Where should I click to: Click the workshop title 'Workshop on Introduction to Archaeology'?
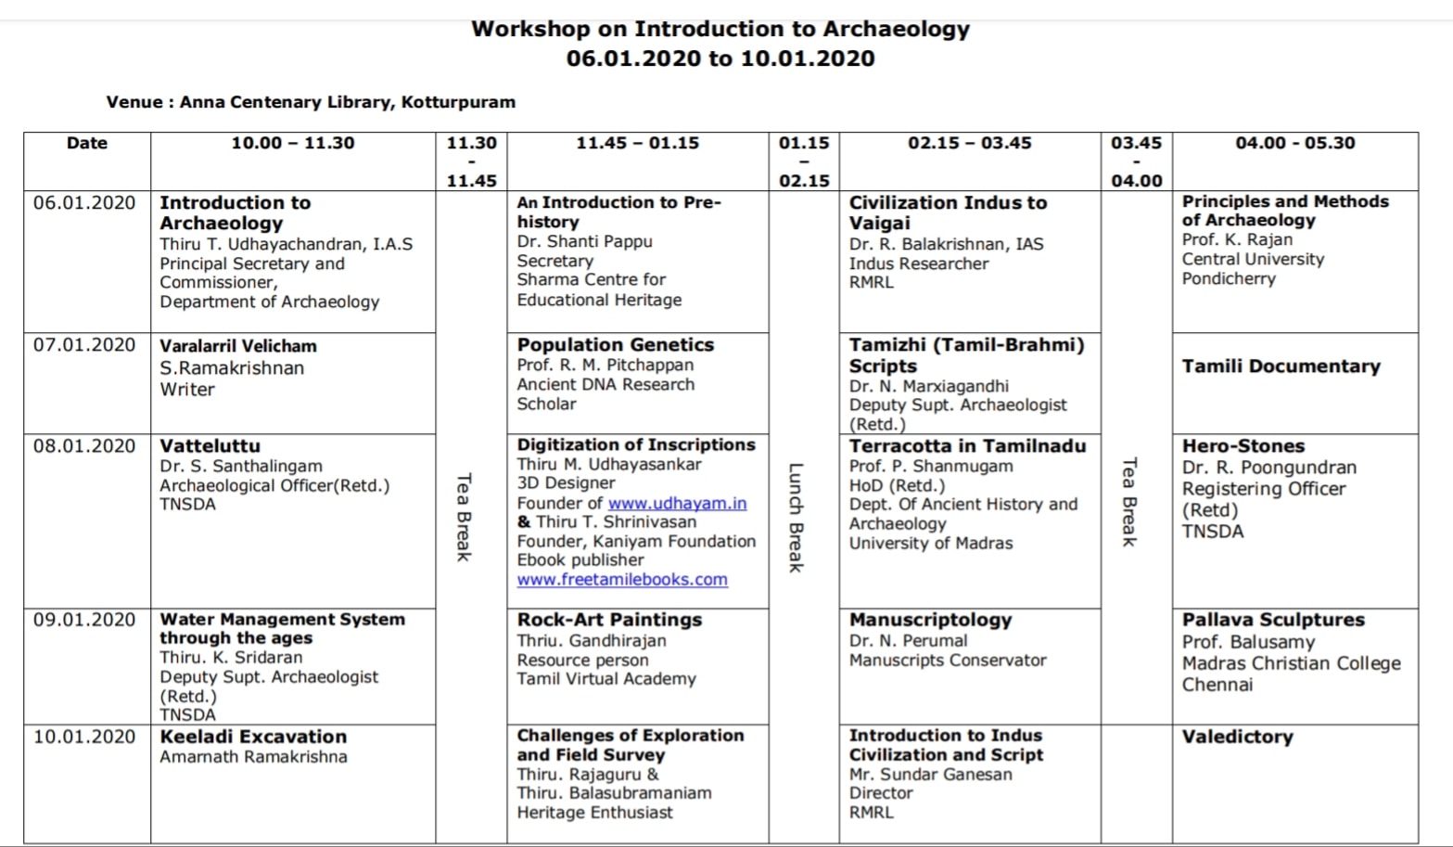[720, 29]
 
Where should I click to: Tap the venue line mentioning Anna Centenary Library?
[311, 102]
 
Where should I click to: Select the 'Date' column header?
[87, 143]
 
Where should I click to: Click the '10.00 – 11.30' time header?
[293, 143]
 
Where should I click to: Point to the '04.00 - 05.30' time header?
[1294, 143]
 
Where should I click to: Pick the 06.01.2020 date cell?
[84, 203]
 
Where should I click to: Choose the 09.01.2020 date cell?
[84, 620]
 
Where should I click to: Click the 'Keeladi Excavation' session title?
[253, 737]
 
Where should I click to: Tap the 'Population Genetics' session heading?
[615, 345]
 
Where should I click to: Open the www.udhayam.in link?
[677, 503]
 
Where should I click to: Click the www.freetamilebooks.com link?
[622, 580]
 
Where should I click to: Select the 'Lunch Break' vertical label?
[796, 517]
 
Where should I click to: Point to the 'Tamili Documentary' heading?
[1281, 366]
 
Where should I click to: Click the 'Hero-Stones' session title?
[1243, 446]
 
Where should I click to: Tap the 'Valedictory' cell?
[1237, 737]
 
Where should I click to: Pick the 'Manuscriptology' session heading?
[930, 620]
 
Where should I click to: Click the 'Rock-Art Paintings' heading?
[609, 620]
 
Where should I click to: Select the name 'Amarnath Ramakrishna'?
[253, 757]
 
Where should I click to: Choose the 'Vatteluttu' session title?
[210, 446]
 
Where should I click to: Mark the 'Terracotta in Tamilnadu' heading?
[967, 446]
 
